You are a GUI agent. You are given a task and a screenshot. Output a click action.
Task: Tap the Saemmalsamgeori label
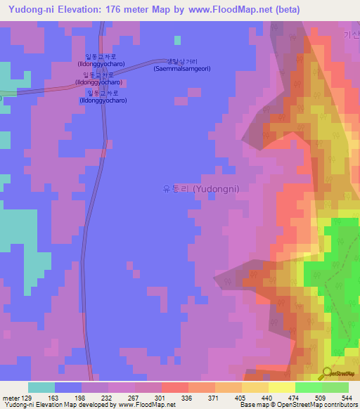click(182, 68)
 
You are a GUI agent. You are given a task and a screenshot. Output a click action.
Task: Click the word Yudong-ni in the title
click(33, 10)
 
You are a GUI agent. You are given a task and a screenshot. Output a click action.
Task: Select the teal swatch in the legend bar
click(41, 387)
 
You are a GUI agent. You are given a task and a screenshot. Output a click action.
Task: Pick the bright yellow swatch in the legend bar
click(281, 387)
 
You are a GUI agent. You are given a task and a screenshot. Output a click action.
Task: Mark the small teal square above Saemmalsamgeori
click(178, 40)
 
